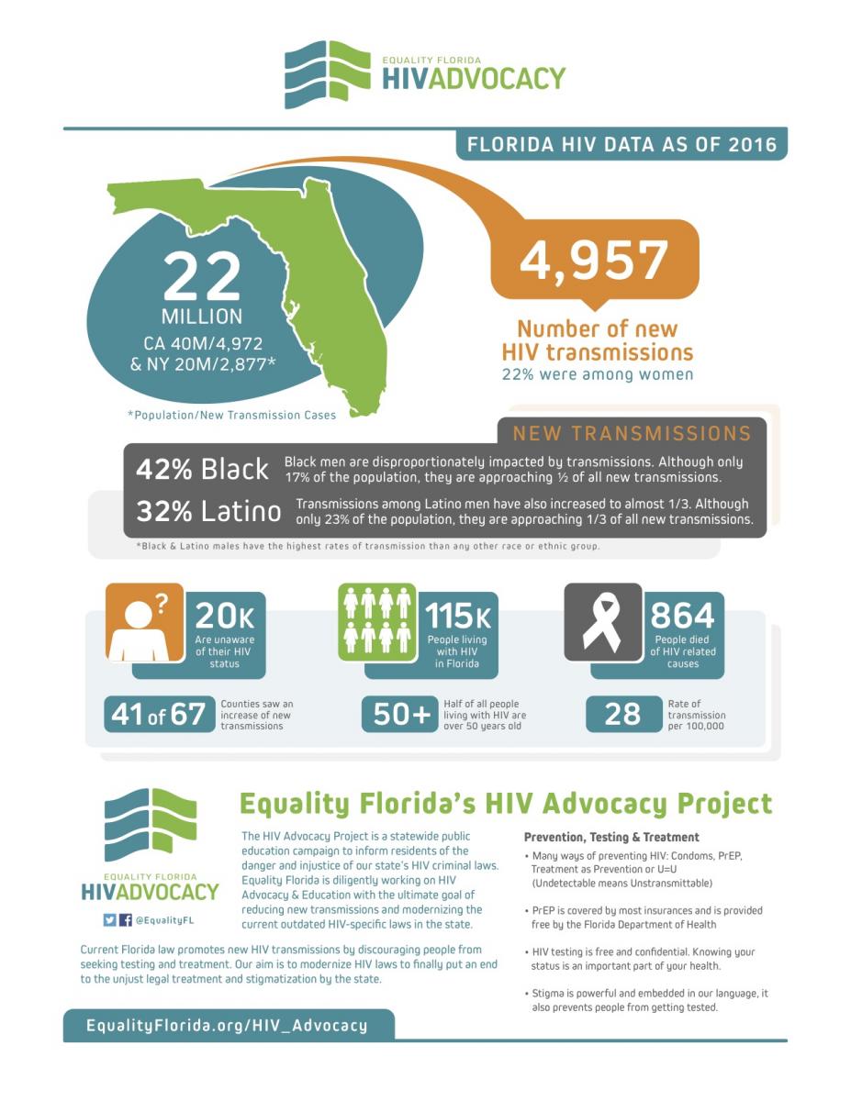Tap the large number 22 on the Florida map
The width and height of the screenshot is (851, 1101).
203,276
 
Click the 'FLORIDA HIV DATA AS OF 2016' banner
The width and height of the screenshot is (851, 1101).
621,145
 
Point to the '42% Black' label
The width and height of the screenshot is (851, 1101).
202,469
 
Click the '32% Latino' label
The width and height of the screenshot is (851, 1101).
208,511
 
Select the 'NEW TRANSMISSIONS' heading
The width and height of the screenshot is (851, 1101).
632,434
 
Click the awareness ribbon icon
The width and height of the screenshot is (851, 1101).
602,622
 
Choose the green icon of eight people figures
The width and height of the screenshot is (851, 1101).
377,622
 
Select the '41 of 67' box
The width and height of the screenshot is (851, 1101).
159,715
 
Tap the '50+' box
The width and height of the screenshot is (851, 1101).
401,715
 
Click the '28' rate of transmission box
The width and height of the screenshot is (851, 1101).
623,715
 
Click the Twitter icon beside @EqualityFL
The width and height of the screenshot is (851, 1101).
109,920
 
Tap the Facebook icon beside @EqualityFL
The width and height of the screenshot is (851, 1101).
126,920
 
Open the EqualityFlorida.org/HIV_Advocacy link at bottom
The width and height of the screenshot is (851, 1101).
227,1026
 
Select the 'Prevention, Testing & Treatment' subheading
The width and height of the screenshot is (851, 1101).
611,837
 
